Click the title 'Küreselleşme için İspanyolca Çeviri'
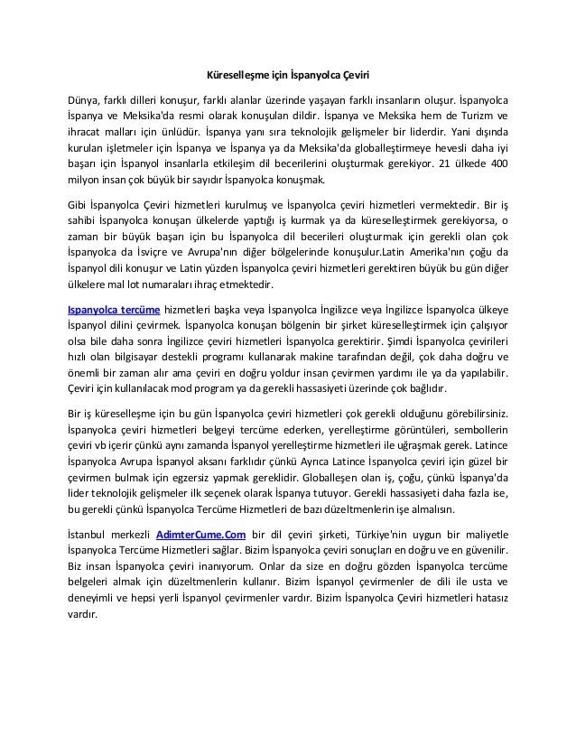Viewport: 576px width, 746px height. point(286,73)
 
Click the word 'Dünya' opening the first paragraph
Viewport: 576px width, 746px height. point(85,98)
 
